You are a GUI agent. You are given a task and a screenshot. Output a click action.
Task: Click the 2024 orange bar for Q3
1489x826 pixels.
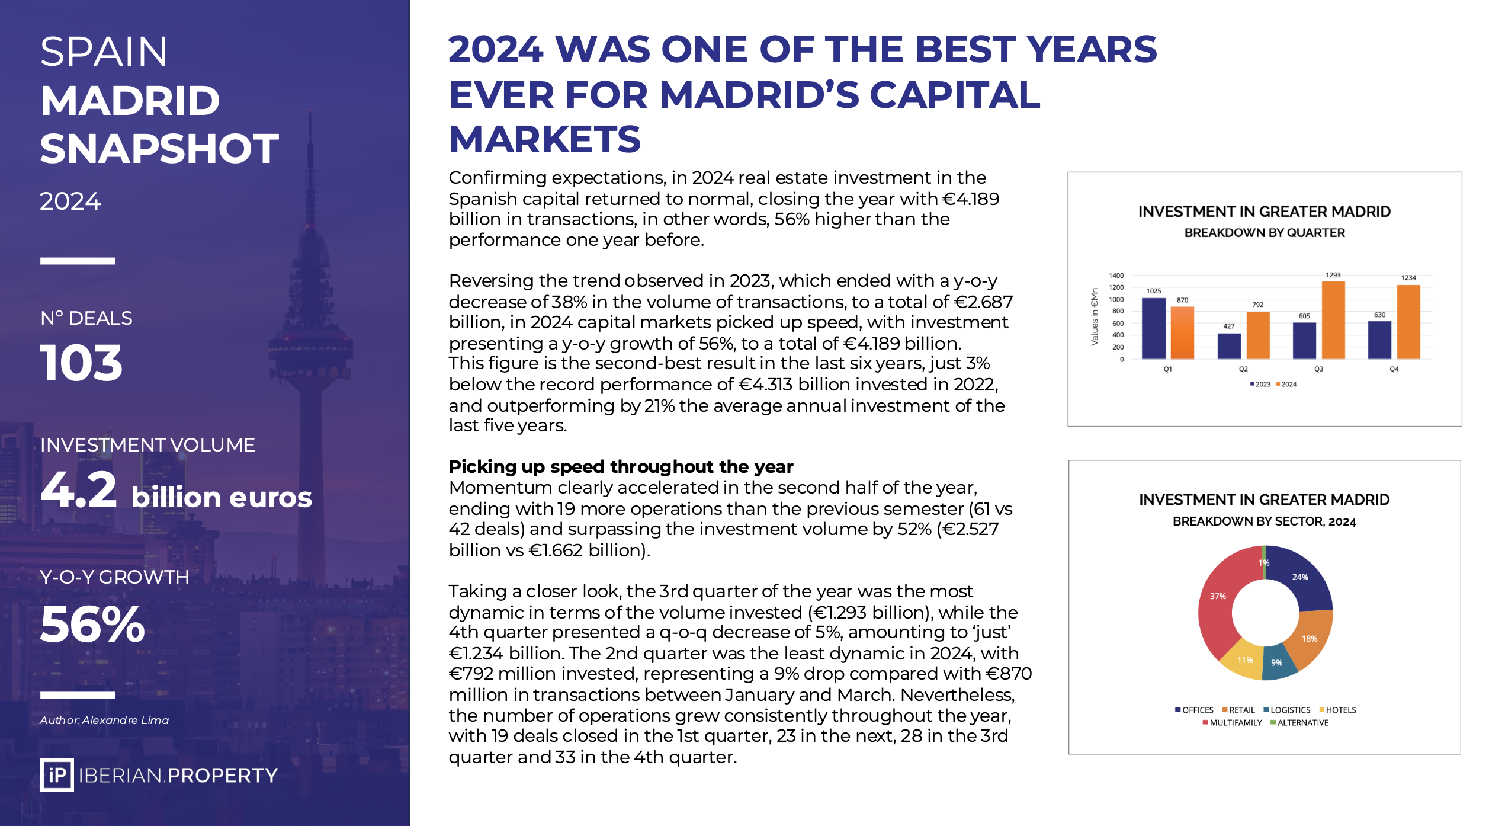point(1333,321)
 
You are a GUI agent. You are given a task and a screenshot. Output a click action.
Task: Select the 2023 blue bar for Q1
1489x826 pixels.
point(1153,328)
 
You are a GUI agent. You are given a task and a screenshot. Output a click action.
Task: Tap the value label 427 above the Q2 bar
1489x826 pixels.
point(1229,326)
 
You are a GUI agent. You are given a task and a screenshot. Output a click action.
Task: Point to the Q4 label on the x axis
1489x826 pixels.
point(1394,369)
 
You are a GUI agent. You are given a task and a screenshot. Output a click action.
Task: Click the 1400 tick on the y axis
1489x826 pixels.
point(1116,276)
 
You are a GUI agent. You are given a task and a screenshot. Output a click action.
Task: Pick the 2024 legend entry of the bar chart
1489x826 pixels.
point(1286,385)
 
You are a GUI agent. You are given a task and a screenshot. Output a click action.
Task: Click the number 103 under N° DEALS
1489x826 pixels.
point(81,363)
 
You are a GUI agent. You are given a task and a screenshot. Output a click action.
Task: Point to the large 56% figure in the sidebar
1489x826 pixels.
point(92,625)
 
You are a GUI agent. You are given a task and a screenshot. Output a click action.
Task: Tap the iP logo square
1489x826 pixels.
point(57,775)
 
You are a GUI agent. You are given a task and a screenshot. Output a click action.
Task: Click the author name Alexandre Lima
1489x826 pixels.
point(126,721)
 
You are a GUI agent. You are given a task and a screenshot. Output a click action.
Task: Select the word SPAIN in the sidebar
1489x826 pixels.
point(104,52)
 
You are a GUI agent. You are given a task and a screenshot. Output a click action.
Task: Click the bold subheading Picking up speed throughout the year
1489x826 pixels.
point(621,467)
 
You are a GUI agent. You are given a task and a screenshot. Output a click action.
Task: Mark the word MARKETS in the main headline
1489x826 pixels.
point(545,140)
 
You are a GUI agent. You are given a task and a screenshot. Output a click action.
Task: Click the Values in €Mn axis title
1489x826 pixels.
point(1095,316)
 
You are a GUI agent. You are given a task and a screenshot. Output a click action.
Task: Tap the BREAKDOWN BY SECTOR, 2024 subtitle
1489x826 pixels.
point(1264,521)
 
